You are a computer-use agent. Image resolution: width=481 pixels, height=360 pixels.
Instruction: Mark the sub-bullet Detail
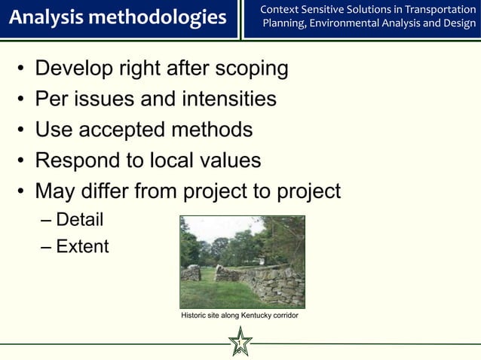79,220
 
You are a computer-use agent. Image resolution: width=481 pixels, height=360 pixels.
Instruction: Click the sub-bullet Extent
82,246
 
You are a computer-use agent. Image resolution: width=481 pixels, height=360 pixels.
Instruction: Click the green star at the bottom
240,343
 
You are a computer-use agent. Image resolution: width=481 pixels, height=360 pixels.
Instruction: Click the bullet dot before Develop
20,70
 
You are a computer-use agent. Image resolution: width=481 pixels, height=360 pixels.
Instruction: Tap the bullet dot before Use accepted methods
20,131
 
